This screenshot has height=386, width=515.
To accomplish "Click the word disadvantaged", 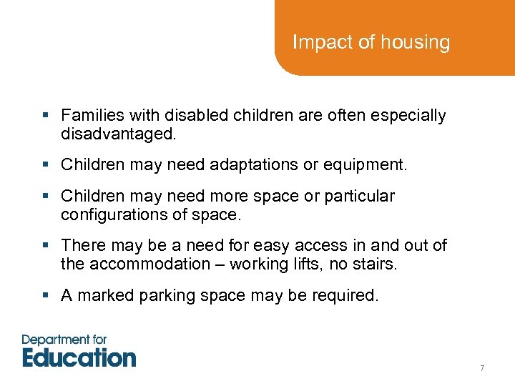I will [x=119, y=134].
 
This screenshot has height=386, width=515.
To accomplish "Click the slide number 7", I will [x=482, y=368].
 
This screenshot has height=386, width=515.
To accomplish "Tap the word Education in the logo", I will [x=79, y=357].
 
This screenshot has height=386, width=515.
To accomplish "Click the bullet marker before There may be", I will [x=45, y=246].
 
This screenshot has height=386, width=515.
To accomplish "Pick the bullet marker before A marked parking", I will [x=45, y=295].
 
